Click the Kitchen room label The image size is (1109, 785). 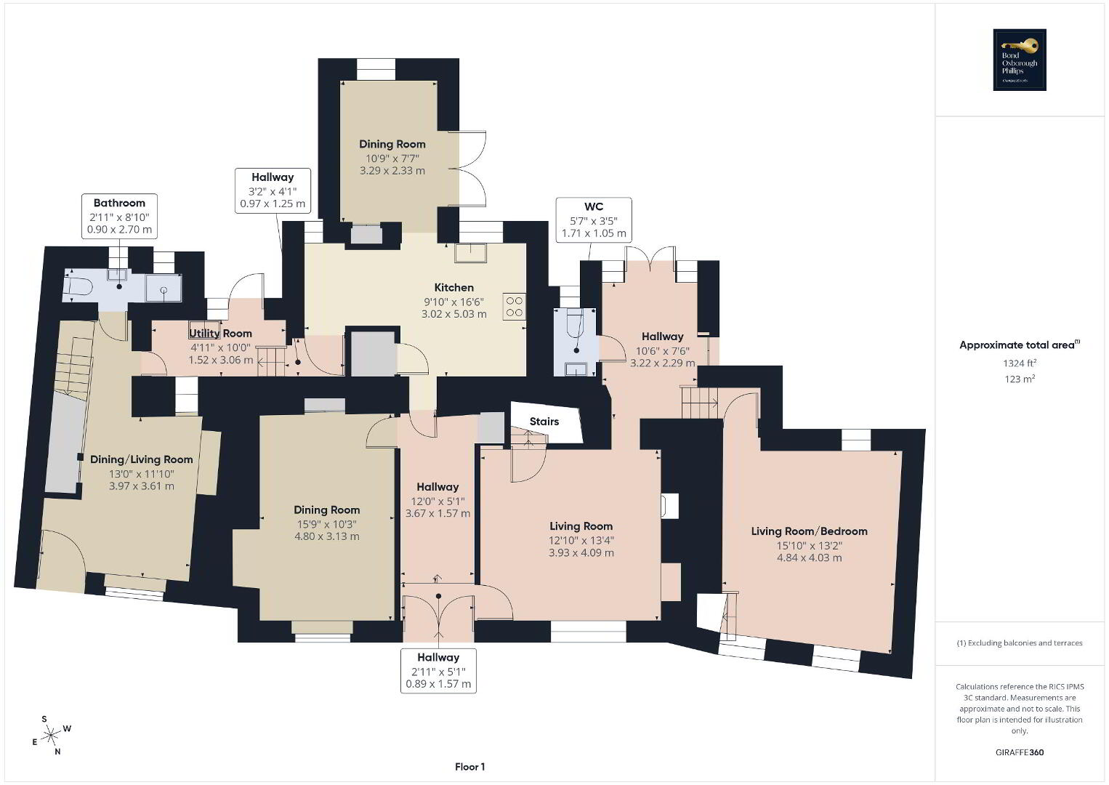click(454, 287)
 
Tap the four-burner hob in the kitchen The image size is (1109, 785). click(515, 307)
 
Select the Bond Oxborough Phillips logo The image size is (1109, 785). click(1020, 60)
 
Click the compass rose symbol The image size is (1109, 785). click(51, 736)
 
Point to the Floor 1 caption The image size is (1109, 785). click(470, 767)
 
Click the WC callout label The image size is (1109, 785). click(594, 220)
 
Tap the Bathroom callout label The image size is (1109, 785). click(119, 217)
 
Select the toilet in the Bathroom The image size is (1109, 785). click(80, 286)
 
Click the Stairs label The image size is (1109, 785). click(544, 422)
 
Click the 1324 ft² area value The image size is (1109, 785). click(1020, 363)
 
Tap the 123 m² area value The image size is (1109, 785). click(1020, 379)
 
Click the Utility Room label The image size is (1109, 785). click(220, 334)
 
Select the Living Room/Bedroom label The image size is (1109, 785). click(809, 531)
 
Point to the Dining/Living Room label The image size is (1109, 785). click(141, 459)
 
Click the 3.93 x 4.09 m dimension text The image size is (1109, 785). click(581, 552)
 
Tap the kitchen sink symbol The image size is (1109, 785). click(471, 253)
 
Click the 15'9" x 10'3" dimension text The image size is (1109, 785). click(327, 524)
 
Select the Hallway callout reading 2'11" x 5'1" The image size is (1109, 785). click(438, 671)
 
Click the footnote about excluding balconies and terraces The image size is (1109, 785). click(1020, 643)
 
